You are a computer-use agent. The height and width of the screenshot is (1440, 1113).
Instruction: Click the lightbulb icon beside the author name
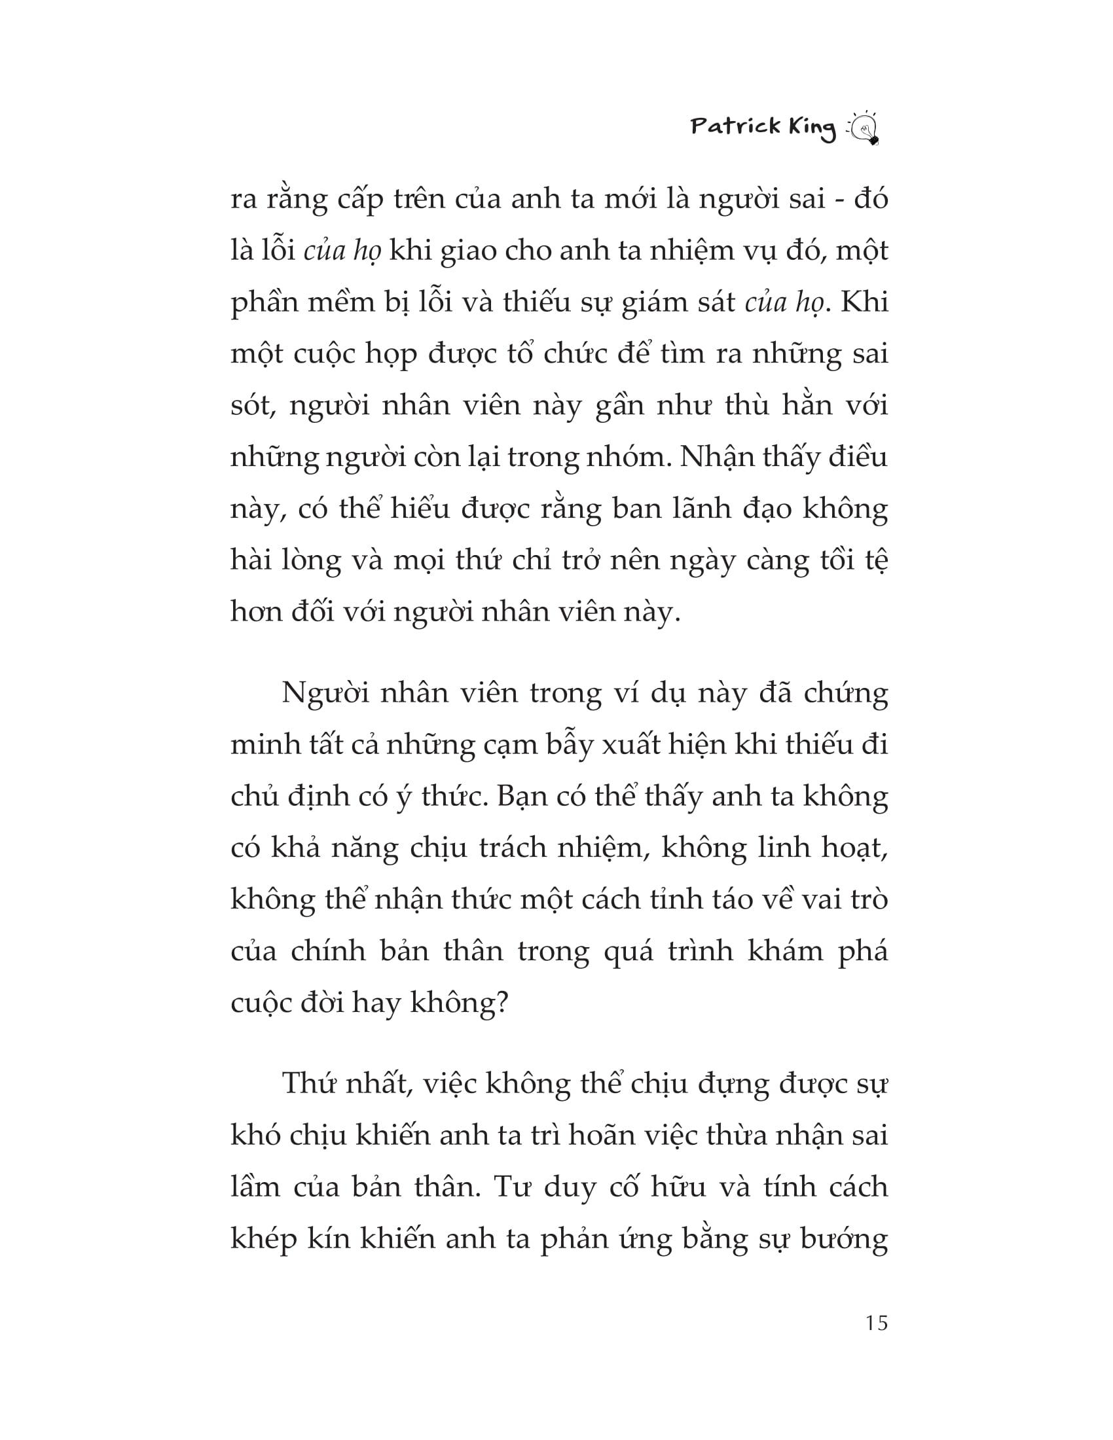pyautogui.click(x=864, y=127)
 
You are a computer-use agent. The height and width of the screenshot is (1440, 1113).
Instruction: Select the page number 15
pyautogui.click(x=877, y=1323)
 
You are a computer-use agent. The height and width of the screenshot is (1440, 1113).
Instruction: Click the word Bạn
pyautogui.click(x=522, y=797)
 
